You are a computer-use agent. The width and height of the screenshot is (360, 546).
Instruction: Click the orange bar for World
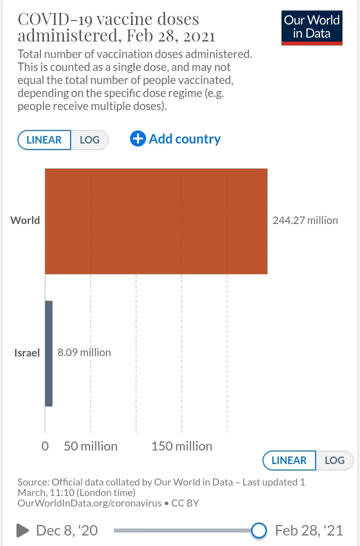(156, 221)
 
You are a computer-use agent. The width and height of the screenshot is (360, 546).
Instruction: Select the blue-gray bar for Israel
(48, 353)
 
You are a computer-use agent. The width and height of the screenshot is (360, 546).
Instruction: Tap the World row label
(25, 220)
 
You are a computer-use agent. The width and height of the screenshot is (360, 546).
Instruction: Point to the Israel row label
(27, 353)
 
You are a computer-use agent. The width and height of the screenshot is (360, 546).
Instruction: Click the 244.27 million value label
(305, 220)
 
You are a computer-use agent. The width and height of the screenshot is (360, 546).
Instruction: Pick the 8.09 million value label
(84, 352)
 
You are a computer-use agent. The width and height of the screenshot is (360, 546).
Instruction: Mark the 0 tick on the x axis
(45, 446)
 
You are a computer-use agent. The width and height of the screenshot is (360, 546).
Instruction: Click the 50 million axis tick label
(90, 446)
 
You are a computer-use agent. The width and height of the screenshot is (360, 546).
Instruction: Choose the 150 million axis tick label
(181, 446)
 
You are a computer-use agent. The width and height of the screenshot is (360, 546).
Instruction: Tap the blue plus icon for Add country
(137, 139)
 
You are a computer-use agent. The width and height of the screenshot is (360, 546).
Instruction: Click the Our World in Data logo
(311, 27)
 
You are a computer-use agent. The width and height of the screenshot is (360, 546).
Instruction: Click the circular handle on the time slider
(258, 530)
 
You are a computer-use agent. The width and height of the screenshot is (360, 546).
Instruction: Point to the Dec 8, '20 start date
(66, 530)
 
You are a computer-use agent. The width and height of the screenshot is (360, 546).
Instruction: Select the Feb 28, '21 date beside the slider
(309, 530)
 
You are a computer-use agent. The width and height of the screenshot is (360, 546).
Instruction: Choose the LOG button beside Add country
(89, 139)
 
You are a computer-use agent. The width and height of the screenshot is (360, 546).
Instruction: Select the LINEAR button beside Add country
(44, 139)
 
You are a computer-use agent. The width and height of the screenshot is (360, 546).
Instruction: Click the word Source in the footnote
(32, 482)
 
